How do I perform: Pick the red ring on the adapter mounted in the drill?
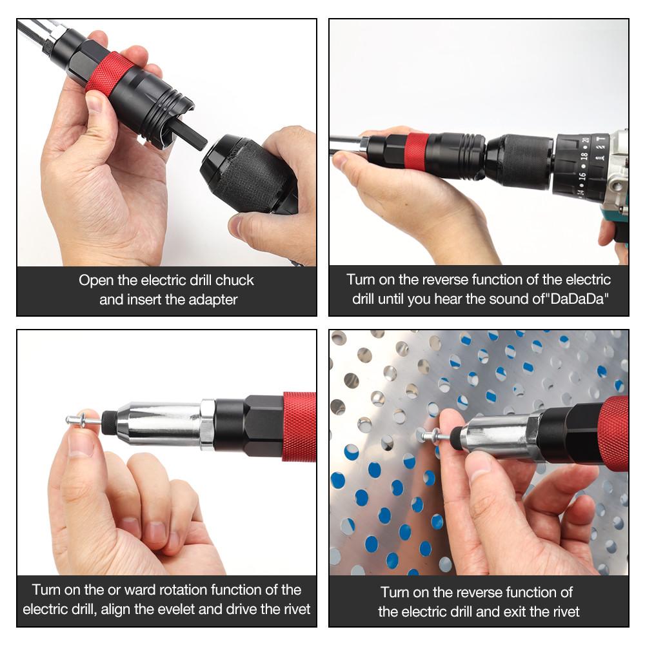coord(417,152)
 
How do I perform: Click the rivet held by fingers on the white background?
coord(84,421)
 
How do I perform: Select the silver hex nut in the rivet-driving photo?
coord(207,423)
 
